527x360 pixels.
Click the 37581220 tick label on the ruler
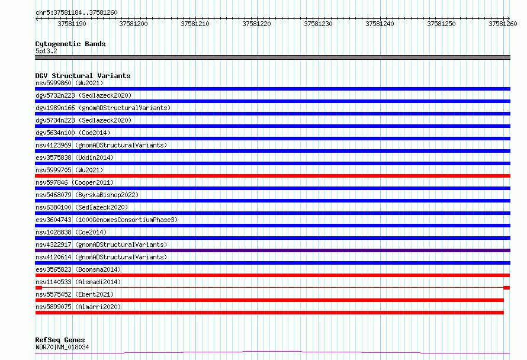click(256, 24)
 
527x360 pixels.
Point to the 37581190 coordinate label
click(72, 24)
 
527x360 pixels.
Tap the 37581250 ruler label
click(441, 24)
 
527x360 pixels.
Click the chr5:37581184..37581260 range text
click(76, 12)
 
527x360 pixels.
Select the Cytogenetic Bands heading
click(70, 44)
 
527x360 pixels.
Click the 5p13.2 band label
click(46, 51)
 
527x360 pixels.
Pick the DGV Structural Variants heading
click(83, 76)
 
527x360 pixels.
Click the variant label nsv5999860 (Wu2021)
click(69, 83)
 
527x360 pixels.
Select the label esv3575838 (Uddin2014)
click(75, 157)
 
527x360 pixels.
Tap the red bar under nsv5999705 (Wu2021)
click(272, 176)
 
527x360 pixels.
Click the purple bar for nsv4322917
click(272, 250)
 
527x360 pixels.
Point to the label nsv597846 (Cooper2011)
click(75, 182)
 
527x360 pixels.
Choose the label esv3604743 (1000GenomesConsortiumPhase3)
click(107, 220)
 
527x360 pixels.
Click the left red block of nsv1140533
click(38, 288)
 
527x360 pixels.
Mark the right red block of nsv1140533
click(506, 288)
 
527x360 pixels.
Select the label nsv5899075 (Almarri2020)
click(78, 307)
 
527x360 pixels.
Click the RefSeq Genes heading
click(60, 340)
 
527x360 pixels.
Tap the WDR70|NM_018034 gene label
click(62, 347)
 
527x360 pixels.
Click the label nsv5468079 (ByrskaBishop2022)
click(87, 195)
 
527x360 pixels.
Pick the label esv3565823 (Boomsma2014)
click(78, 269)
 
